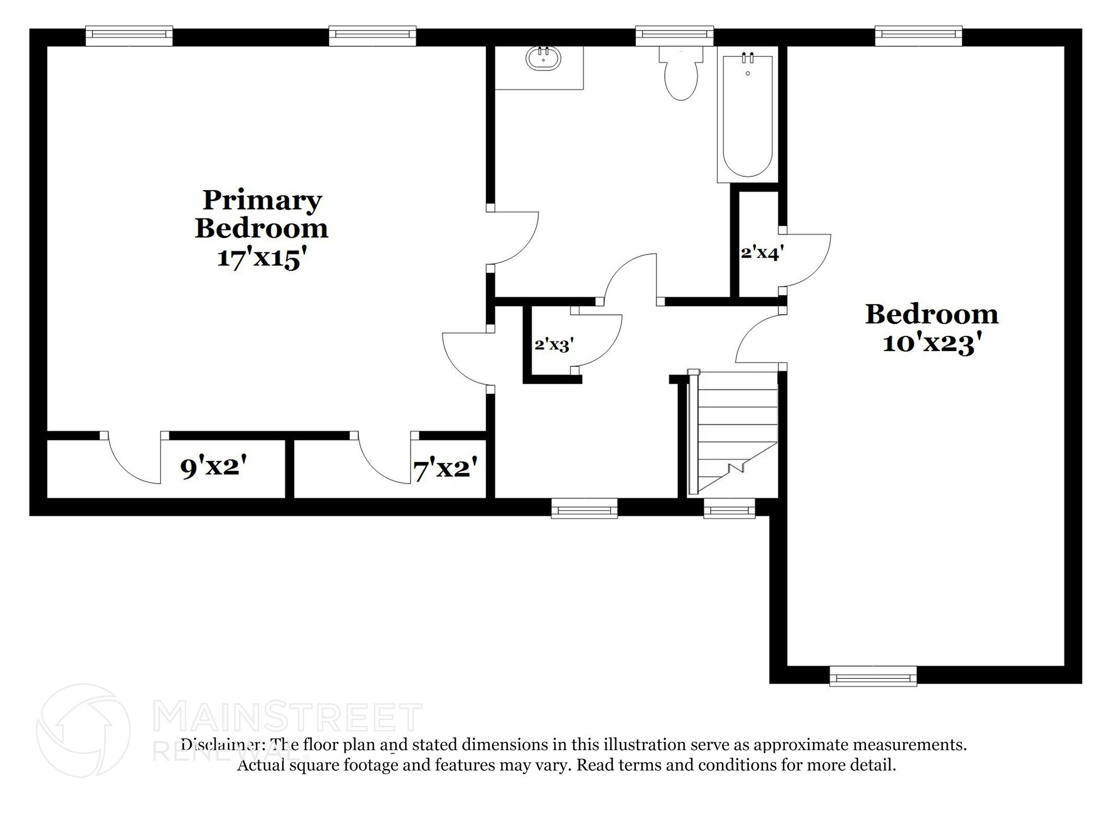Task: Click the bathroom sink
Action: pyautogui.click(x=543, y=58)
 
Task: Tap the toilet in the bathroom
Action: pyautogui.click(x=680, y=76)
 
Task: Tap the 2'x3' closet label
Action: pyautogui.click(x=553, y=345)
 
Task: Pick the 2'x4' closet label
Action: pyautogui.click(x=762, y=253)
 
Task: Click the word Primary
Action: pyautogui.click(x=262, y=200)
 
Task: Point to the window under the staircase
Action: pyautogui.click(x=729, y=509)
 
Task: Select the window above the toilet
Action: pyautogui.click(x=674, y=35)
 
